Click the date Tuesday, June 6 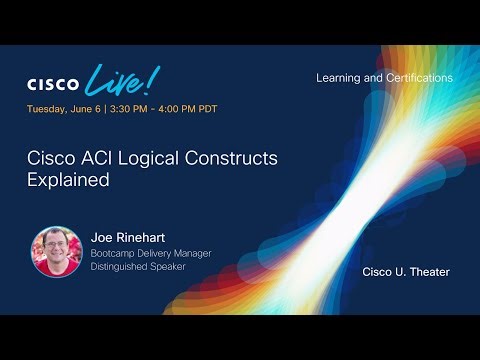click(x=64, y=108)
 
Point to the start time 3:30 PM click(x=132, y=108)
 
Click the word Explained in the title click(x=68, y=183)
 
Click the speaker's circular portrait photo click(x=55, y=252)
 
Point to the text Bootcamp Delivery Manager click(x=151, y=254)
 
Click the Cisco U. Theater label click(x=406, y=272)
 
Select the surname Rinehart click(x=143, y=239)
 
